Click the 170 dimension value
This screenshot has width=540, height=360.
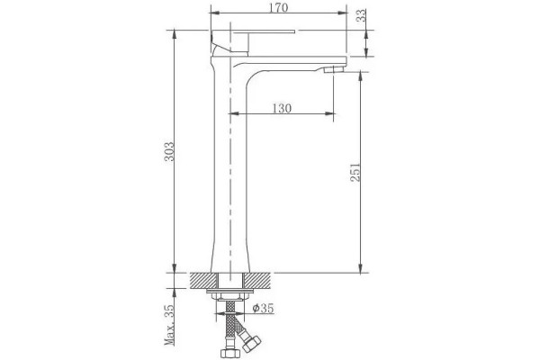coord(278,7)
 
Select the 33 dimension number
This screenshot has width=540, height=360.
coord(361,15)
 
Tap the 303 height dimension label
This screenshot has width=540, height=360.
coord(169,151)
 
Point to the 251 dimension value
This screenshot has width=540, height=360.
coord(355,172)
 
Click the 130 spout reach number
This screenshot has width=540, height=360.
coord(282,109)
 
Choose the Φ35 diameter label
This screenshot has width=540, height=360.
coord(263,309)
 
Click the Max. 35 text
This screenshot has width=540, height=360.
coord(169,325)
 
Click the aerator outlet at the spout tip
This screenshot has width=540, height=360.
coord(335,69)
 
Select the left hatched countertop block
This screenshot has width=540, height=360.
coord(204,281)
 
